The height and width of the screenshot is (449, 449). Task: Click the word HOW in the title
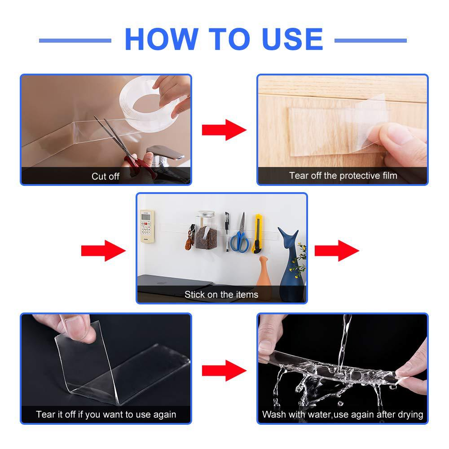point(159,40)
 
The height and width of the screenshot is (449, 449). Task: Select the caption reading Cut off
point(106,176)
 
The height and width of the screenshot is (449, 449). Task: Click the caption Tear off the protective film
point(343,176)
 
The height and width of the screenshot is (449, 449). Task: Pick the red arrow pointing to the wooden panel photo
point(224,130)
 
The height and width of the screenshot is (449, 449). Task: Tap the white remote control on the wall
point(147,226)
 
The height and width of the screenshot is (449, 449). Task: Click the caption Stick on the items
point(221,295)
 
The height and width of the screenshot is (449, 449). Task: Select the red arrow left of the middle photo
point(103,250)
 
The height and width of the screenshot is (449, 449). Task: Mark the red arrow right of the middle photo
point(337,250)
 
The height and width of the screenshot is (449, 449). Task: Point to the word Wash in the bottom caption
point(274,414)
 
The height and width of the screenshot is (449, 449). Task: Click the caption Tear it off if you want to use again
point(106,414)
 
